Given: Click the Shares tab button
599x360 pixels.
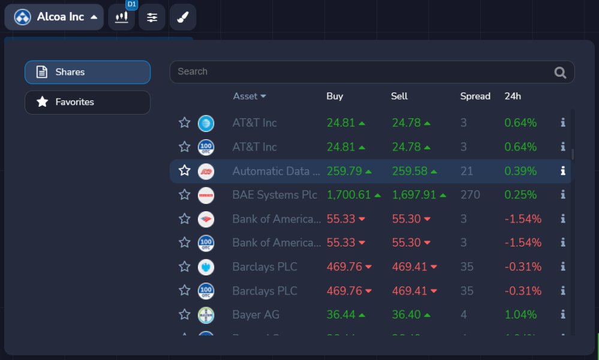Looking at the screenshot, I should pyautogui.click(x=88, y=72).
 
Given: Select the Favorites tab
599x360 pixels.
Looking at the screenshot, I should pyautogui.click(x=88, y=102).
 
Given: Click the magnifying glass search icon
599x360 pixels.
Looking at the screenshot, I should pyautogui.click(x=560, y=73).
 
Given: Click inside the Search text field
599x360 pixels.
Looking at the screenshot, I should pyautogui.click(x=360, y=72).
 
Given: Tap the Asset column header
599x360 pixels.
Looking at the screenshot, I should pyautogui.click(x=249, y=96).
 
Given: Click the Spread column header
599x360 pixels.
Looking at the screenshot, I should pyautogui.click(x=475, y=96).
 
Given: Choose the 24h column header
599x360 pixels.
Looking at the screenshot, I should pyautogui.click(x=513, y=96).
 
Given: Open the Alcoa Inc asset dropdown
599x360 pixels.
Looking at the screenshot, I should pyautogui.click(x=56, y=17).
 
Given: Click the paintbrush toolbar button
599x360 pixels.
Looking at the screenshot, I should pyautogui.click(x=182, y=17).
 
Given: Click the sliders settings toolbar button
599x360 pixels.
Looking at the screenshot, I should pyautogui.click(x=152, y=17).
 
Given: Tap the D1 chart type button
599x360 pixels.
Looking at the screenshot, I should pyautogui.click(x=122, y=17).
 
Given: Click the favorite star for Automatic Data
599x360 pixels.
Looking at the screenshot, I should pyautogui.click(x=185, y=171).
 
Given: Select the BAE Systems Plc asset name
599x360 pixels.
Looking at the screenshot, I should pyautogui.click(x=275, y=195).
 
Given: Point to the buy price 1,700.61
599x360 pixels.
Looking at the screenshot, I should pyautogui.click(x=349, y=195).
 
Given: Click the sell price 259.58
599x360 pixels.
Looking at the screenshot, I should pyautogui.click(x=410, y=171).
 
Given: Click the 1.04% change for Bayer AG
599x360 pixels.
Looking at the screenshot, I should pyautogui.click(x=520, y=314).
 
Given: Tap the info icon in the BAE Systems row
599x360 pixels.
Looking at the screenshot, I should pyautogui.click(x=562, y=194).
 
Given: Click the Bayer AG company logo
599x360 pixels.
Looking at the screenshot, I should pyautogui.click(x=206, y=314).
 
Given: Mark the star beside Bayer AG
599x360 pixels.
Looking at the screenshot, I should pyautogui.click(x=185, y=314).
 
